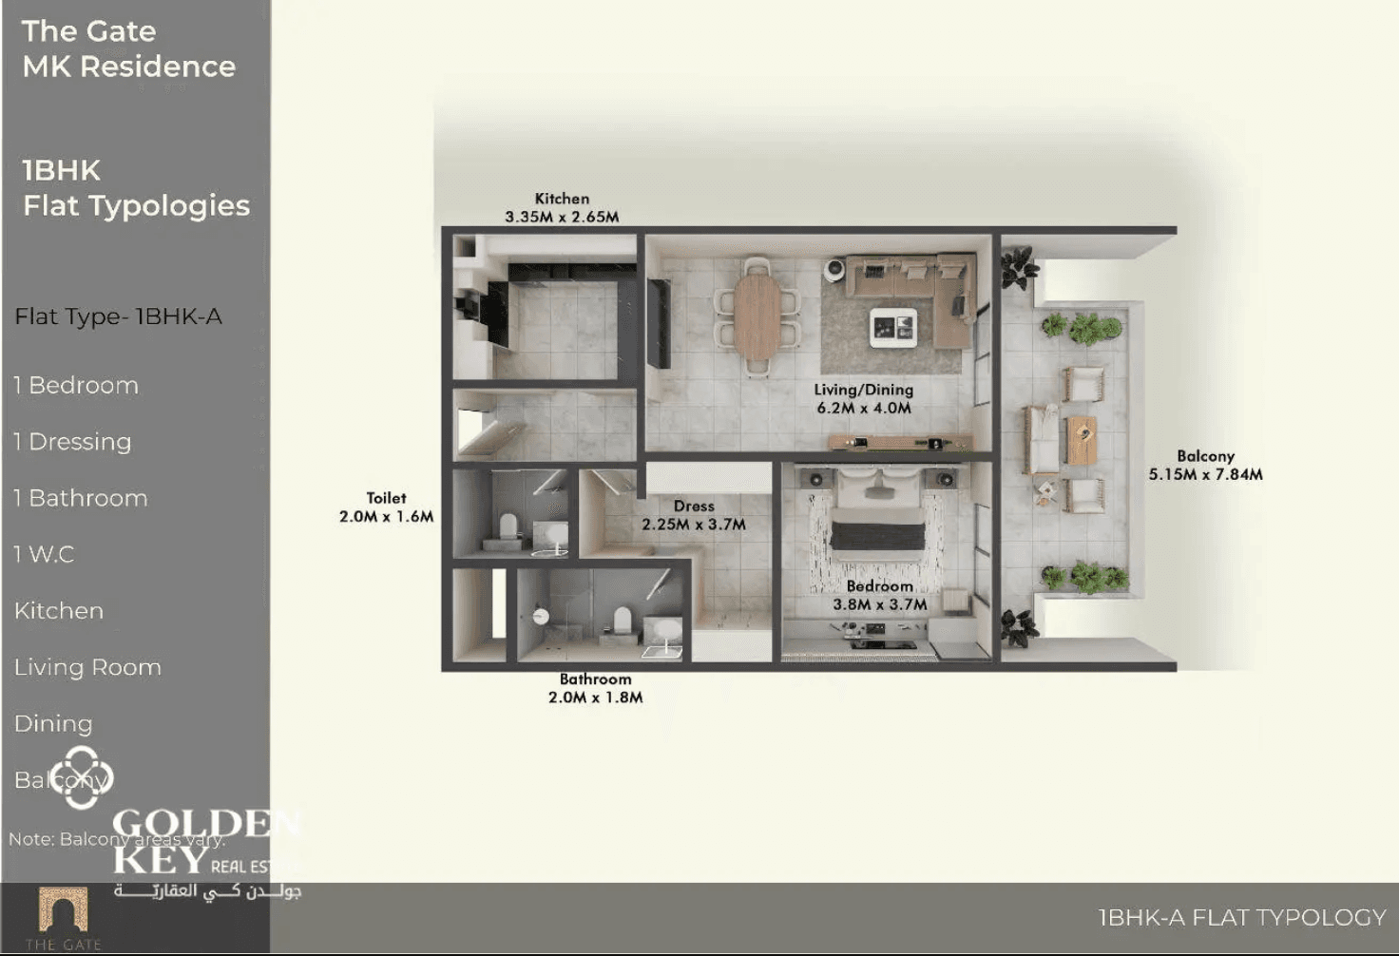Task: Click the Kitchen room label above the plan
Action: [562, 199]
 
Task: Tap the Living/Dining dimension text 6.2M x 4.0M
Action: [864, 408]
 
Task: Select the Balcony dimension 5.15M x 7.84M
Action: [1205, 474]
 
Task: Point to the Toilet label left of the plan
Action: [386, 498]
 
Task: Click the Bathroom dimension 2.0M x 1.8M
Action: [595, 698]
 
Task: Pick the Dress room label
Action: [694, 507]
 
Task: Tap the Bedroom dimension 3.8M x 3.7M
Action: [879, 604]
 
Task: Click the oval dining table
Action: [757, 316]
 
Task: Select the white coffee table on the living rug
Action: [894, 327]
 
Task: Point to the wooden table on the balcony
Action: [1082, 440]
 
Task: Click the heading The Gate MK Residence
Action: [128, 48]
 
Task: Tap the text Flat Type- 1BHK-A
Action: [118, 316]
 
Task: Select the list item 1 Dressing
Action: [72, 442]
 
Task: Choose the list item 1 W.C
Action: [44, 554]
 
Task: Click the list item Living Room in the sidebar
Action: [87, 667]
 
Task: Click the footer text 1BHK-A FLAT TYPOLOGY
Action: [1241, 917]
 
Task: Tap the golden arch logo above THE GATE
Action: [63, 909]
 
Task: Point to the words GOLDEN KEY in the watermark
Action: [204, 840]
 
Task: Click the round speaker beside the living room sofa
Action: [834, 270]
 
